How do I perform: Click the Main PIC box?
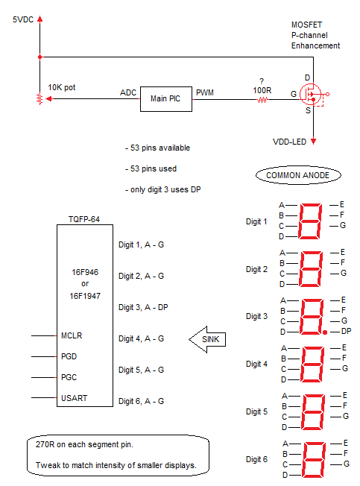click(x=166, y=99)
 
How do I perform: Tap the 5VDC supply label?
click(x=23, y=19)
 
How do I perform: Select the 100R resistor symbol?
click(x=262, y=100)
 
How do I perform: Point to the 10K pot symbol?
click(x=40, y=99)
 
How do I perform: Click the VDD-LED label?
click(x=289, y=142)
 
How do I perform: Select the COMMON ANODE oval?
click(x=298, y=175)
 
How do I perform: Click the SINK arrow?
click(x=207, y=339)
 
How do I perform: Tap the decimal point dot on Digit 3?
click(x=325, y=332)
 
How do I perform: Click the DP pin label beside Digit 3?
click(x=346, y=332)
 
